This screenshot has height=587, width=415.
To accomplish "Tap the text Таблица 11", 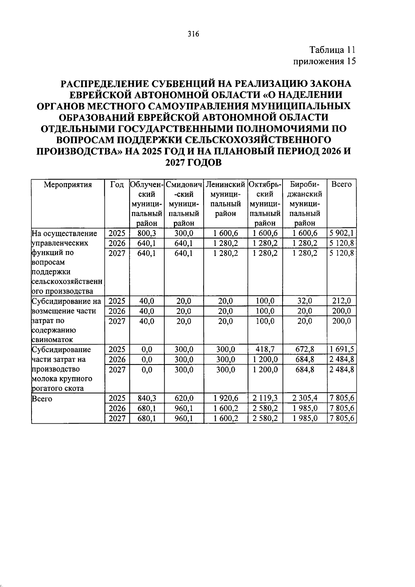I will (332, 50).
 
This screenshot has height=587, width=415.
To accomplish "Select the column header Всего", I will (341, 184).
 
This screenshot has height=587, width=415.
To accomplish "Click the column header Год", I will (117, 184).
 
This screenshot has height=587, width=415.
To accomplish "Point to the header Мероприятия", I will (68, 184).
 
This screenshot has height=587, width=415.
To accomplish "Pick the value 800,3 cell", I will (147, 233).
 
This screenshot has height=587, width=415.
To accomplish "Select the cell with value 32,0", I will (305, 301).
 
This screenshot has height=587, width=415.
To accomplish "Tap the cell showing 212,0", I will (341, 301).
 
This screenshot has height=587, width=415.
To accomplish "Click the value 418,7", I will (265, 349).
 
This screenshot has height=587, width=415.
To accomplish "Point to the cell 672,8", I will (305, 349).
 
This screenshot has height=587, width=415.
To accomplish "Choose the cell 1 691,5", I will (342, 349).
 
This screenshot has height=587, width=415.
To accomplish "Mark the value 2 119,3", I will (265, 398).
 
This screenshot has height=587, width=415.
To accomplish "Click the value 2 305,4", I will (305, 398).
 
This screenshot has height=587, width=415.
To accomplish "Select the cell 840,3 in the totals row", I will (147, 398).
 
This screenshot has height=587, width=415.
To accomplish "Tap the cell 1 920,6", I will (226, 398).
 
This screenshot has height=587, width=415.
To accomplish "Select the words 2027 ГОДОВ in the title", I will (193, 163).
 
